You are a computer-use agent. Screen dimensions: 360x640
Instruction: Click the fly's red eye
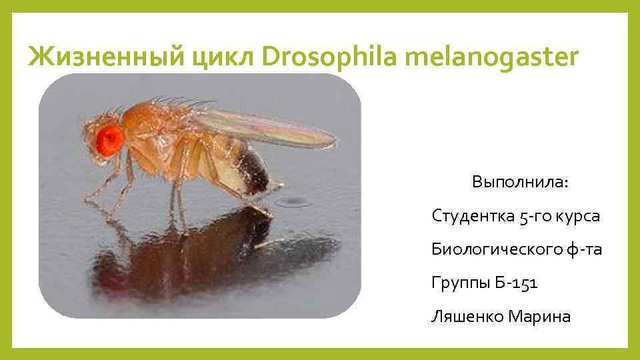click(111, 138)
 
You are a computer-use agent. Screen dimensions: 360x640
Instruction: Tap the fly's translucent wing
click(267, 126)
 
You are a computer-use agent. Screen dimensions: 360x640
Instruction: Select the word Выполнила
click(520, 182)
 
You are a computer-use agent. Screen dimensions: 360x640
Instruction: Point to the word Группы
click(460, 283)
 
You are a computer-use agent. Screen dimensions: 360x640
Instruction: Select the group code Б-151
click(517, 283)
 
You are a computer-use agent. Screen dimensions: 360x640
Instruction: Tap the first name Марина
click(539, 316)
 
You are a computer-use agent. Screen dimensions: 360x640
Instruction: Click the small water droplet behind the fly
click(291, 201)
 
